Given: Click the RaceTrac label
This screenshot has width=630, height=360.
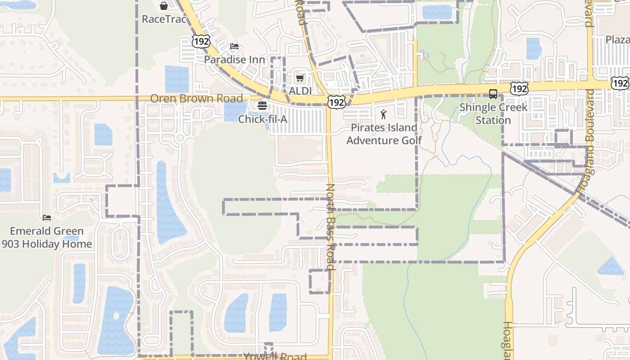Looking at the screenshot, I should (164, 19).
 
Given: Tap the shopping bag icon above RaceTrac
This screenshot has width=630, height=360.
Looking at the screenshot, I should (164, 6).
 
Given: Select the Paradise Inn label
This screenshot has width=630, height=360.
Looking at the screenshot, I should (234, 59).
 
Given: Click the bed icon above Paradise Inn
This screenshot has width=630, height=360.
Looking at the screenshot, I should (234, 46).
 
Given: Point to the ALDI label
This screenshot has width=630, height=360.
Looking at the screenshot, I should (300, 91).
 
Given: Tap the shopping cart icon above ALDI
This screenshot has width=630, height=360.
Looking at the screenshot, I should (300, 78).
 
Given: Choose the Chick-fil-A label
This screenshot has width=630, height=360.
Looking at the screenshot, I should (262, 119).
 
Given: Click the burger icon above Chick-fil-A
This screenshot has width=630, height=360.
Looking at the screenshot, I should (262, 106).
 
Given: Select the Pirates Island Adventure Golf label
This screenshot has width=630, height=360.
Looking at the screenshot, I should (384, 134).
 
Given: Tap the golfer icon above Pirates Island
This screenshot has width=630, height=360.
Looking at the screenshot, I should (383, 114).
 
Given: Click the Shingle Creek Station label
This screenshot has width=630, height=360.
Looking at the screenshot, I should (493, 114).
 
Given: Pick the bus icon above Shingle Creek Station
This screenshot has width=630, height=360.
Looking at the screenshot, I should (493, 94).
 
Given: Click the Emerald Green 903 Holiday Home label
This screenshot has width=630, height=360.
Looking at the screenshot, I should (47, 238).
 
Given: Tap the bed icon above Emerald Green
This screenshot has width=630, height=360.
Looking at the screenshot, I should (47, 218).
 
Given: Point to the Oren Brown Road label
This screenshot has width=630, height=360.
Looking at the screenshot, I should (196, 98).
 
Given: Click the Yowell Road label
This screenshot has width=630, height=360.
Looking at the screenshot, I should (274, 356).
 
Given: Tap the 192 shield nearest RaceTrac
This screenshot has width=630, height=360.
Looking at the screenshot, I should (201, 41).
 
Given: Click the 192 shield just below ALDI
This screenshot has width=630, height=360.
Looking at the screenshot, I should (336, 102).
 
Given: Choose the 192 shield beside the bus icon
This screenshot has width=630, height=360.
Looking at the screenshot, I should (519, 89).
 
